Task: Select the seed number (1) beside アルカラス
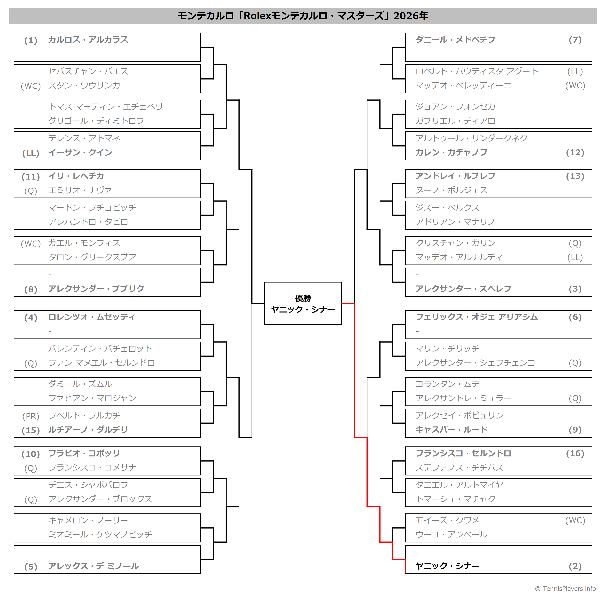(x=31, y=40)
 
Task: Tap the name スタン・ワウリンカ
(x=84, y=86)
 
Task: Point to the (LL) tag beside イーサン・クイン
(x=31, y=153)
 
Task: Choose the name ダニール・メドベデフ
(x=455, y=40)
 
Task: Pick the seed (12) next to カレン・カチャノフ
(x=575, y=153)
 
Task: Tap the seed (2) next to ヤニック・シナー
(x=575, y=566)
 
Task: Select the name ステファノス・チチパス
(x=459, y=467)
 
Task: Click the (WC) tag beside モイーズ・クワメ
(x=575, y=520)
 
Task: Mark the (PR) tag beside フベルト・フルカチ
(x=31, y=416)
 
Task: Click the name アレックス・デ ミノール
(x=93, y=566)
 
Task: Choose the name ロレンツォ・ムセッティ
(x=92, y=317)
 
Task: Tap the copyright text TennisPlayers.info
(x=565, y=589)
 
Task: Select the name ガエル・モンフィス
(x=84, y=243)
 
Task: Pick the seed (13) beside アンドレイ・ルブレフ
(x=575, y=176)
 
